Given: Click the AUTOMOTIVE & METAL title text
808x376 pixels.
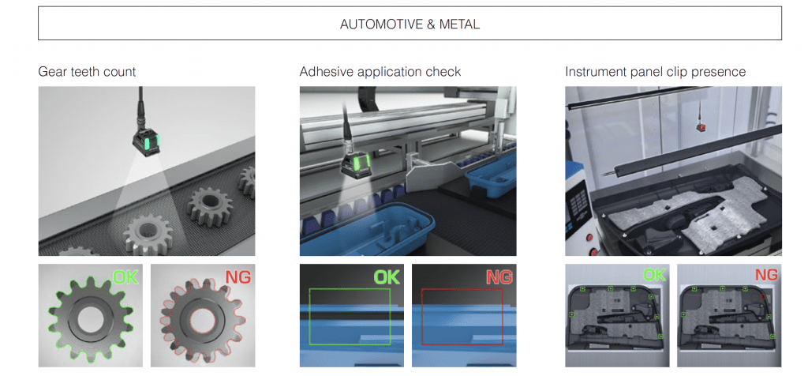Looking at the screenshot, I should tap(410, 24).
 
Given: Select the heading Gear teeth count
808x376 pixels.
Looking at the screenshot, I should tap(87, 72).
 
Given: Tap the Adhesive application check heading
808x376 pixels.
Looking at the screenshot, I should tap(380, 72).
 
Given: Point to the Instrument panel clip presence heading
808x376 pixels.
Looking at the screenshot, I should tap(655, 72).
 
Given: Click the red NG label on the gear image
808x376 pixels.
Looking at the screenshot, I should tap(238, 278).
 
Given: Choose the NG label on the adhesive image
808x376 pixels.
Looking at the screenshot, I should tap(499, 278).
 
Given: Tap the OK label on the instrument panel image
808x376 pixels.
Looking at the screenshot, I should tap(653, 276).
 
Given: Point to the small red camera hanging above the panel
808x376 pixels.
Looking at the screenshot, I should tap(700, 126).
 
